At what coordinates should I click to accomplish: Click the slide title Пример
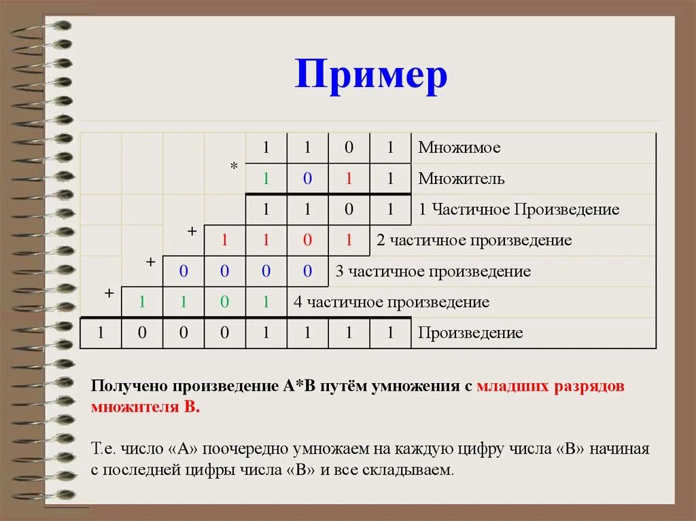tap(371, 75)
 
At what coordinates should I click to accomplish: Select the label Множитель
tap(461, 179)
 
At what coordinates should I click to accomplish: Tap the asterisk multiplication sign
tap(234, 167)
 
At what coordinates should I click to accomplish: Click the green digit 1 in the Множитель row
tap(266, 179)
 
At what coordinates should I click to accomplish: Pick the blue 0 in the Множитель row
tap(307, 179)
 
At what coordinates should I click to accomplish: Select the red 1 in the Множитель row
tap(349, 179)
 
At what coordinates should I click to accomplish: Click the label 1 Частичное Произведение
tap(519, 209)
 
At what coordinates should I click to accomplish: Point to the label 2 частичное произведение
tap(474, 240)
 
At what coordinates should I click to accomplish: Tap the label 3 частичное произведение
tap(433, 271)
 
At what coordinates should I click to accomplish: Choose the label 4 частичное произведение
tap(391, 302)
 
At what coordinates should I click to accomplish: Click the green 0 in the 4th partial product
tap(225, 302)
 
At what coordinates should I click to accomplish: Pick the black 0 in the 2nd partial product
tap(307, 240)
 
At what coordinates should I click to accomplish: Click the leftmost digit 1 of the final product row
tap(101, 333)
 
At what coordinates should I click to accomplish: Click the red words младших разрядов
tap(550, 387)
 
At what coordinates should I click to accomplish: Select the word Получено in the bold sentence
tap(128, 387)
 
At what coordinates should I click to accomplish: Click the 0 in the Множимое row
tap(349, 147)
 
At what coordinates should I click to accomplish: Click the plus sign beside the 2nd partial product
tap(192, 232)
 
